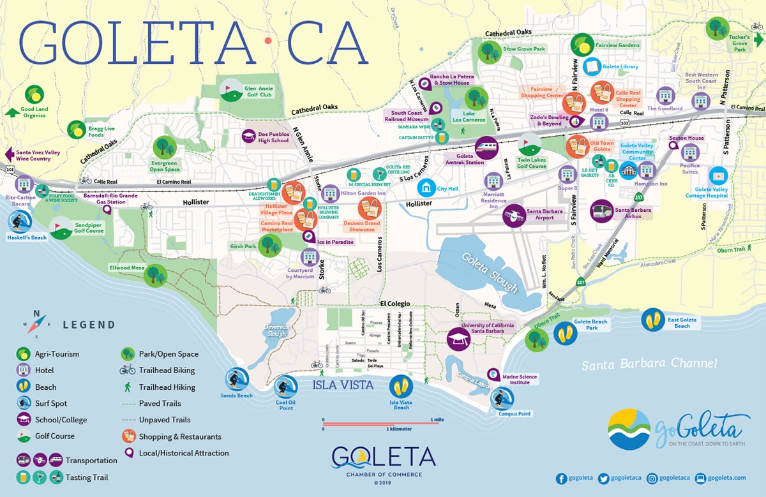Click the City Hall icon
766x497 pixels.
pos(426,188)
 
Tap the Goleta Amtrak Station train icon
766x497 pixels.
pos(486,147)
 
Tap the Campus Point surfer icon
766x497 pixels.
pos(500,399)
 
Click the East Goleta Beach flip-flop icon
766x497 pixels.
pos(652,319)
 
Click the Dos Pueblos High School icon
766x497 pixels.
pos(249,136)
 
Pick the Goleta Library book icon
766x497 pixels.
pos(592,66)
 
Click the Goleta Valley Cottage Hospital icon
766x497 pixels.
pos(719,175)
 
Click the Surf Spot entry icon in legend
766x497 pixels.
pos(24,403)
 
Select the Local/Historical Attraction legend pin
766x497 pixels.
pos(128,453)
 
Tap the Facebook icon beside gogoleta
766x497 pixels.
pos(561,478)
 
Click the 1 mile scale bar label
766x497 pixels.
pos(438,419)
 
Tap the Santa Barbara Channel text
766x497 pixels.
pos(650,364)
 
